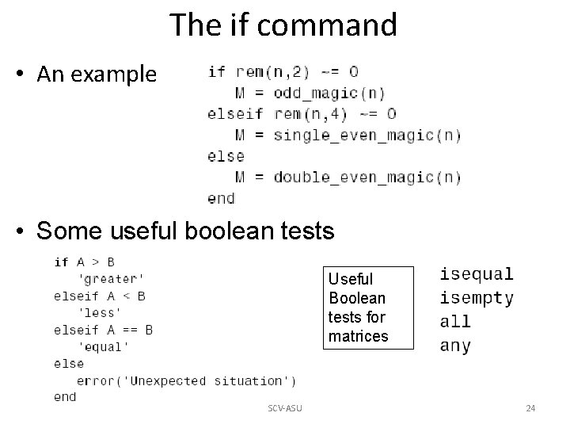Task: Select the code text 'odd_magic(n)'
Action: pyautogui.click(x=329, y=93)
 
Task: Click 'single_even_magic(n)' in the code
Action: pyautogui.click(x=367, y=135)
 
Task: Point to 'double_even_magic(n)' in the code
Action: pyautogui.click(x=367, y=177)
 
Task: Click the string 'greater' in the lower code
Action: pyautogui.click(x=111, y=279)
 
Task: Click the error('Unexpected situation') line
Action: pyautogui.click(x=187, y=380)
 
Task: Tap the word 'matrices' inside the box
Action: pyautogui.click(x=359, y=336)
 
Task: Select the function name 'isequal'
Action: pyautogui.click(x=477, y=274)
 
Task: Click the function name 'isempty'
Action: pyautogui.click(x=477, y=298)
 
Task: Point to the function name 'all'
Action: pyautogui.click(x=455, y=322)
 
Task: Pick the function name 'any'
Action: pyautogui.click(x=455, y=346)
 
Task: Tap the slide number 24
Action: pyautogui.click(x=530, y=408)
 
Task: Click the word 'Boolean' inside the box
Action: pyautogui.click(x=357, y=298)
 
